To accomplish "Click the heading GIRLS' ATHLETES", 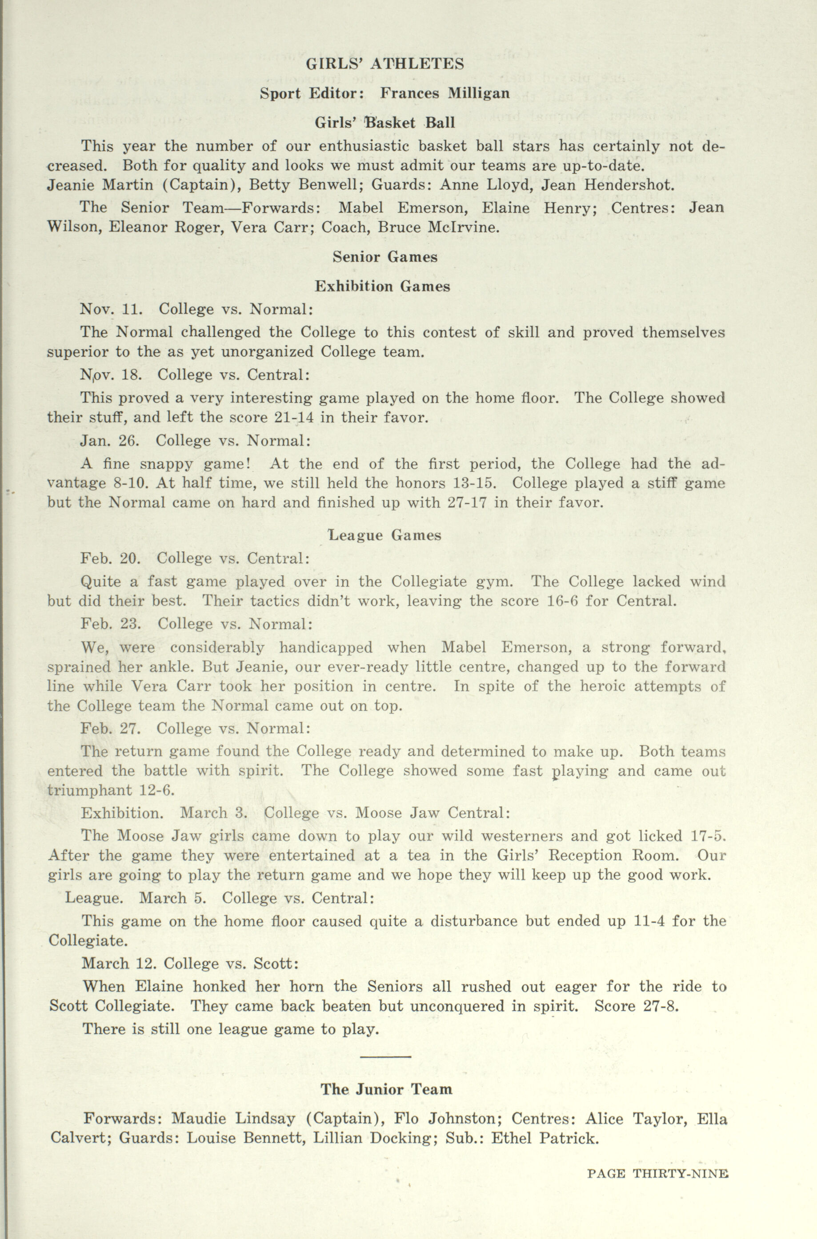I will pos(384,64).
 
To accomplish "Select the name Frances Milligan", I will pos(445,94).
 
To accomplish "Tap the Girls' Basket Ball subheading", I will pos(384,124).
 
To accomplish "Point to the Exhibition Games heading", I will pos(382,287).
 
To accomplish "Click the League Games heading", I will pos(384,535).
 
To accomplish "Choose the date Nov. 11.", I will pos(111,309).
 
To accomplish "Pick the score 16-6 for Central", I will pos(559,601).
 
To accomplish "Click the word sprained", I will pos(79,667).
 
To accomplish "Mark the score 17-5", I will pos(708,836).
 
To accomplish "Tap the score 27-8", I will pos(662,1006).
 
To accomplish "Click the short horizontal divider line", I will pos(385,1056).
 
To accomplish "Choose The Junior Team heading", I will pos(386,1089).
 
